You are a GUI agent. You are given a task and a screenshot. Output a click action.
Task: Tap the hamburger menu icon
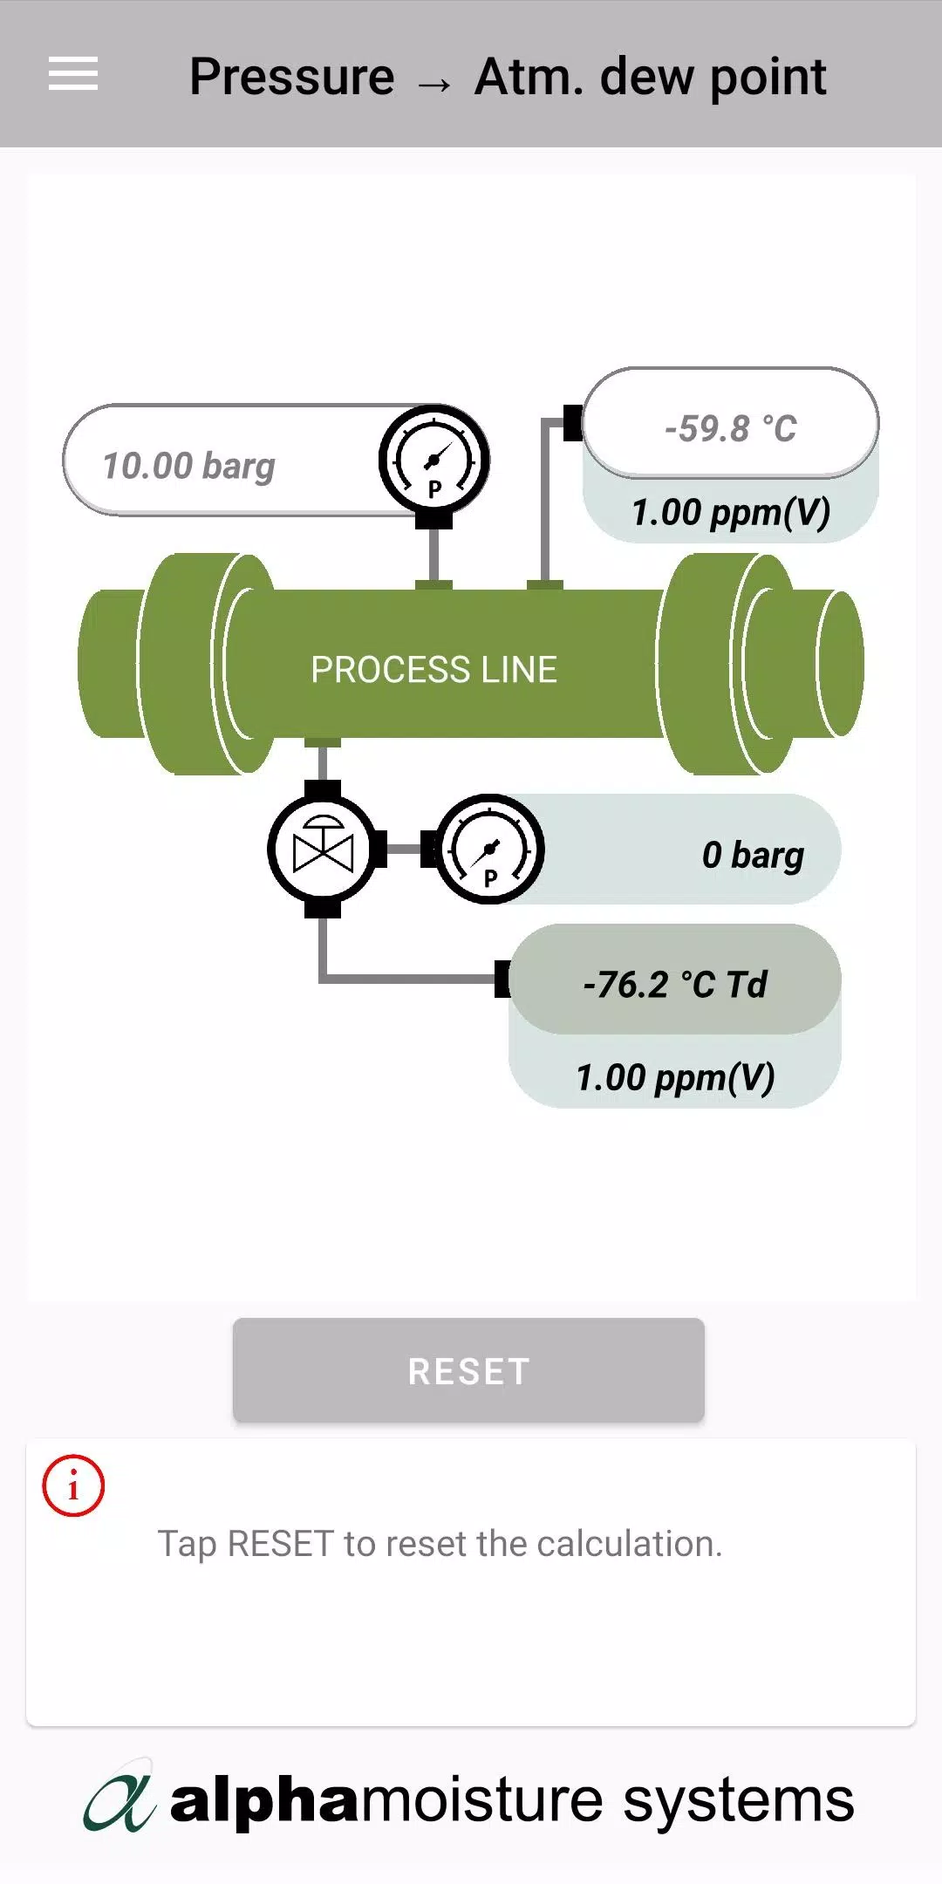coord(73,73)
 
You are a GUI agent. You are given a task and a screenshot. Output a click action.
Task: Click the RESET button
coord(468,1370)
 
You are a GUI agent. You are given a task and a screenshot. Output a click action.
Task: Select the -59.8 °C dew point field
coord(731,424)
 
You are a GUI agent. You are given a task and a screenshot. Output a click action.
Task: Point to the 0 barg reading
coord(753,855)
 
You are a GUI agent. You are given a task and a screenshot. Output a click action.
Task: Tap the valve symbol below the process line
coord(324,849)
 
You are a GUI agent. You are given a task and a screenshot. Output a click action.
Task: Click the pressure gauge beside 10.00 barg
coord(434,461)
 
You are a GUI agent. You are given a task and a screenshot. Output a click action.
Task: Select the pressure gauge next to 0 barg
coord(489,849)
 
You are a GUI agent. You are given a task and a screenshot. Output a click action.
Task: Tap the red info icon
coord(73,1485)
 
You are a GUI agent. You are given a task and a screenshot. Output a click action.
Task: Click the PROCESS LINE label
coord(433,670)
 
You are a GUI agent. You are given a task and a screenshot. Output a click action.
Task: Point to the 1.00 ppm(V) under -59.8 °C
coord(731,513)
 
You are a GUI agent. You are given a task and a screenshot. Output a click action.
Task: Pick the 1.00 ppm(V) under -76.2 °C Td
coord(675,1078)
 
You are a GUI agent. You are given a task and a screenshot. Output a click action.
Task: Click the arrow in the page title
coord(434,84)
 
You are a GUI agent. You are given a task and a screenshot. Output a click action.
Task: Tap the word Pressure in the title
coord(292,76)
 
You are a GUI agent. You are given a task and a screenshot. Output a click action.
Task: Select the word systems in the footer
coord(739,1802)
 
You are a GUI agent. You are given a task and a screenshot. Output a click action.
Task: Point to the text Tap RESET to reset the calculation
coord(440,1544)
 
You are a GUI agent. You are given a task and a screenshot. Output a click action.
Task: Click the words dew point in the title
coord(713,78)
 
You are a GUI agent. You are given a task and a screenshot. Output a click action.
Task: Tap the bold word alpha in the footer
coord(264,1800)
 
